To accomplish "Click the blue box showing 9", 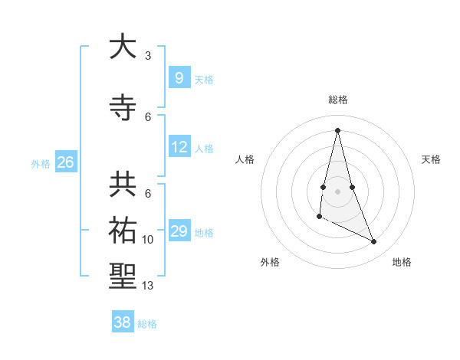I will pyautogui.click(x=179, y=77).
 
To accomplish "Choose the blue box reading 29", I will pyautogui.click(x=179, y=231).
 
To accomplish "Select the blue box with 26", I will pyautogui.click(x=66, y=162).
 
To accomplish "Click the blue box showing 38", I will pyautogui.click(x=122, y=322).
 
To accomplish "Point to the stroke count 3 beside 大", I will pyautogui.click(x=148, y=56).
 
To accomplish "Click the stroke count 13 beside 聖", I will pyautogui.click(x=148, y=286).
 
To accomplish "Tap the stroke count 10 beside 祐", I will pyautogui.click(x=148, y=240).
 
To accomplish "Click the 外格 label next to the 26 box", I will pyautogui.click(x=41, y=163).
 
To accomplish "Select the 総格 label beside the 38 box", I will pyautogui.click(x=147, y=324).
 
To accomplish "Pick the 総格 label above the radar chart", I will pyautogui.click(x=338, y=100).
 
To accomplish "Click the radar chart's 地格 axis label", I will pyautogui.click(x=402, y=262).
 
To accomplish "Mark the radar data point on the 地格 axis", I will pyautogui.click(x=374, y=242).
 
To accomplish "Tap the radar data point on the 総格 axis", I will pyautogui.click(x=338, y=130).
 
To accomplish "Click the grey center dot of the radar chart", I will pyautogui.click(x=338, y=191).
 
